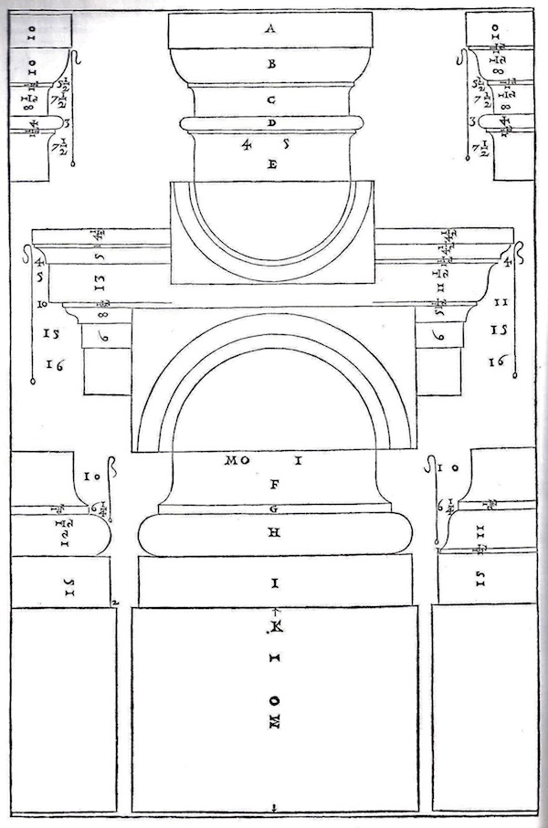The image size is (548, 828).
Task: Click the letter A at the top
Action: (270, 28)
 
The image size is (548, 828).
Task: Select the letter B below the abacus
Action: (270, 64)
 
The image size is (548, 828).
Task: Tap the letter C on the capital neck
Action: (271, 98)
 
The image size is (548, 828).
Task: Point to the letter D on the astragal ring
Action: (271, 122)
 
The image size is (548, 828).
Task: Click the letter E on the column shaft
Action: (271, 165)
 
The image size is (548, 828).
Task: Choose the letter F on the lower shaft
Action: (272, 486)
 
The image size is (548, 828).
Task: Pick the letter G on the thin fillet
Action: (272, 508)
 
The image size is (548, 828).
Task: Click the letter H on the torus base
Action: (272, 534)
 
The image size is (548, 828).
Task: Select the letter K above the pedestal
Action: (275, 628)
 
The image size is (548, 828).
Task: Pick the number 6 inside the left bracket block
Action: (103, 337)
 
